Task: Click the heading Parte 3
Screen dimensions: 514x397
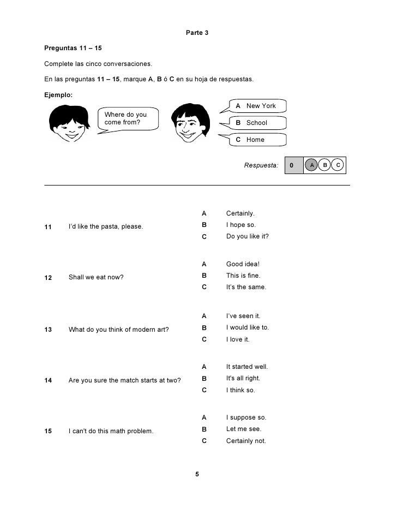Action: coord(197,33)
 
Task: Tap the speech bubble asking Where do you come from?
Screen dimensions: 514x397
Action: coord(127,119)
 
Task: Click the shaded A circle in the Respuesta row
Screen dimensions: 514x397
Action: coord(311,165)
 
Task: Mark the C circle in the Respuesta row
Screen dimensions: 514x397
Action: coord(338,165)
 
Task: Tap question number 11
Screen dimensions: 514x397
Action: coord(48,226)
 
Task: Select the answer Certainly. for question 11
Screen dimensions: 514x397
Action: coord(240,213)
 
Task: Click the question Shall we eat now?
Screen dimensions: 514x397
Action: coord(96,277)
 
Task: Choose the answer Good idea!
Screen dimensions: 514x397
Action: coord(243,265)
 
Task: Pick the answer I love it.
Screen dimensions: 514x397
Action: coord(238,339)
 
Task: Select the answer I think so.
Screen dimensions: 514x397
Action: coord(240,391)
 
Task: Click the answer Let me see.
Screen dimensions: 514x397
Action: coord(240,429)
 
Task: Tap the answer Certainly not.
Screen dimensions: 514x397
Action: coord(246,441)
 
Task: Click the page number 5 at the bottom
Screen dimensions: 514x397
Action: coord(197,475)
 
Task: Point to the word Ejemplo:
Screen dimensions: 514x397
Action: coord(58,94)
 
